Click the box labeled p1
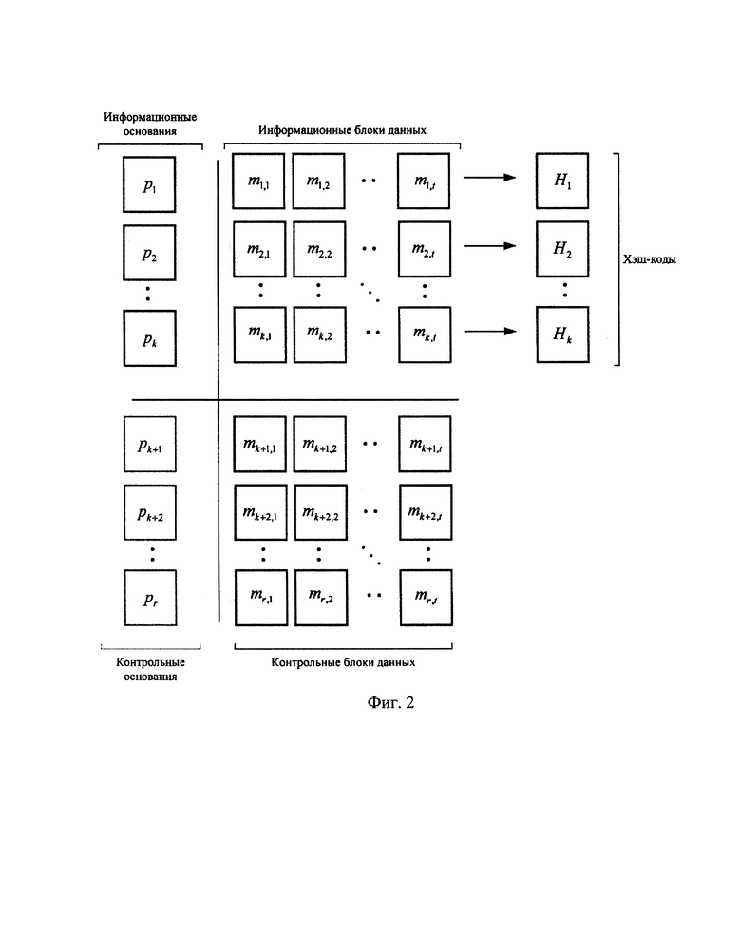point(149,184)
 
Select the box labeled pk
point(150,338)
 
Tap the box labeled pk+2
point(150,512)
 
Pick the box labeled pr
point(151,598)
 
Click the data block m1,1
point(258,181)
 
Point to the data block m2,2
point(319,249)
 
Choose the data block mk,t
point(425,334)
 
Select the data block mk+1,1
point(260,445)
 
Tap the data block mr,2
point(321,598)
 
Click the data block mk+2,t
point(426,512)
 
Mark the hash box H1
point(562,181)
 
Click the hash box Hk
point(562,334)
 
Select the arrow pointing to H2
point(490,246)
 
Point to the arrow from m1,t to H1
point(490,177)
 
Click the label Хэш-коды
point(650,259)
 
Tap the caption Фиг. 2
point(390,702)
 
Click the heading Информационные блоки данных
point(342,130)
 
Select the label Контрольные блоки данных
point(343,662)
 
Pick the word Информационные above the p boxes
point(150,117)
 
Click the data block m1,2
point(319,181)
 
